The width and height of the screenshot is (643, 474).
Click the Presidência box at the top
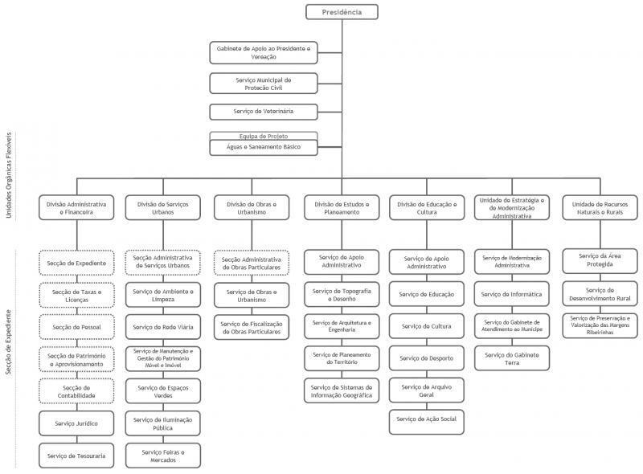point(342,12)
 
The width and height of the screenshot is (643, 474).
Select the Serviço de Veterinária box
point(264,111)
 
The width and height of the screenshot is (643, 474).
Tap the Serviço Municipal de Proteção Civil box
point(264,84)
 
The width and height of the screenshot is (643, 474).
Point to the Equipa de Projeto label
point(264,137)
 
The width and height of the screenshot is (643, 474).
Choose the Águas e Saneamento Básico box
point(264,148)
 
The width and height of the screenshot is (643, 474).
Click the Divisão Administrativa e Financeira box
point(76,209)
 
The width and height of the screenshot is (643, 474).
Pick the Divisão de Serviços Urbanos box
point(163,209)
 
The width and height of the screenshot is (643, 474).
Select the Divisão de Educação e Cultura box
point(426,209)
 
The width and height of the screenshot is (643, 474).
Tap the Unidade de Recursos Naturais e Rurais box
point(599,209)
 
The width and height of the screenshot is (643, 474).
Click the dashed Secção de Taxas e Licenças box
point(76,296)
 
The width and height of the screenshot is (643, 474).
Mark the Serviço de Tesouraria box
point(76,456)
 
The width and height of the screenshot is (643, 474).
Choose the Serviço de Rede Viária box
point(163,327)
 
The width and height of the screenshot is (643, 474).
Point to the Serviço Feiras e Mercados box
point(163,456)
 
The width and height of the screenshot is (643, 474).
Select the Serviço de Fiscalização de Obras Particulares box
point(252,328)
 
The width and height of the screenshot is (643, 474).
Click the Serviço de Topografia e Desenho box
point(342,295)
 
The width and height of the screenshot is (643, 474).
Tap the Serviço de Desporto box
point(426,358)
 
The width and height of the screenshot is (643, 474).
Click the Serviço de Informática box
point(512,294)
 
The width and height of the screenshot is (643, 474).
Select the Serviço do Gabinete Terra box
point(512,358)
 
